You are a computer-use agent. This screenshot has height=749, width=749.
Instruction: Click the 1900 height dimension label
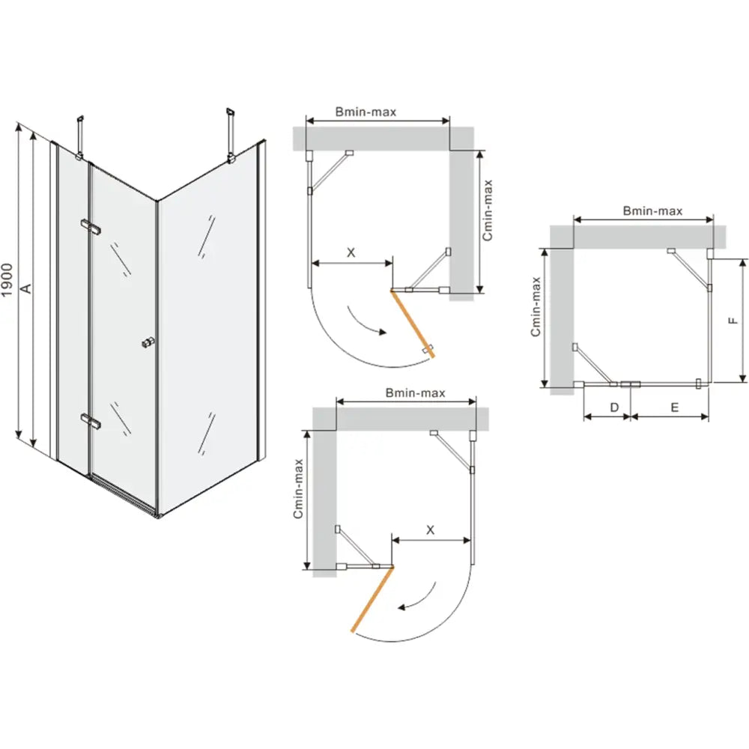pos(7,280)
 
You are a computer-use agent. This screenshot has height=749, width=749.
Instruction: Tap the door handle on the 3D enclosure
pos(148,342)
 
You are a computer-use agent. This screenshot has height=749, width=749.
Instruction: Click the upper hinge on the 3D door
pos(91,227)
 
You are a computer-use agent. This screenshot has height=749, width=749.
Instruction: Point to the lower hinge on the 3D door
pos(91,420)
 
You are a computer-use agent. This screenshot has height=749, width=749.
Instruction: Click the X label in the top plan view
pos(351,252)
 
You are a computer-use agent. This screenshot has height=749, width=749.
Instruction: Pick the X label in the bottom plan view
pos(431,530)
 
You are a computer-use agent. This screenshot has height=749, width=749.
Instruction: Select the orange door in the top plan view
pos(413,324)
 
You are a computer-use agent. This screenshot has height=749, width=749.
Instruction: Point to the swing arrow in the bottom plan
pos(420,598)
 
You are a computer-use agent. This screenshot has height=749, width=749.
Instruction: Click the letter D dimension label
pos(614,407)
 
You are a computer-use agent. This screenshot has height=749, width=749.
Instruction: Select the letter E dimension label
pos(675,407)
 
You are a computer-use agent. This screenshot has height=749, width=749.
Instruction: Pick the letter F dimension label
pos(733,320)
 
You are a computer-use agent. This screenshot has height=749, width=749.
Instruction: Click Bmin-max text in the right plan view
pos(652,210)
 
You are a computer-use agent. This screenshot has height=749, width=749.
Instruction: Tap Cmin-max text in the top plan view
pos(487,210)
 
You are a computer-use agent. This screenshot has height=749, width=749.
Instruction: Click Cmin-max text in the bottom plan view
pos(298,488)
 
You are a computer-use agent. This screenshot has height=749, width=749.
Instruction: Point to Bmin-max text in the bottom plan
pos(415,392)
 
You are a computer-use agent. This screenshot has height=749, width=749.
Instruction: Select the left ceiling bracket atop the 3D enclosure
pos(80,136)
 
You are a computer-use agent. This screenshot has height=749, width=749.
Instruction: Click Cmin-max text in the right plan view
pos(536,306)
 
